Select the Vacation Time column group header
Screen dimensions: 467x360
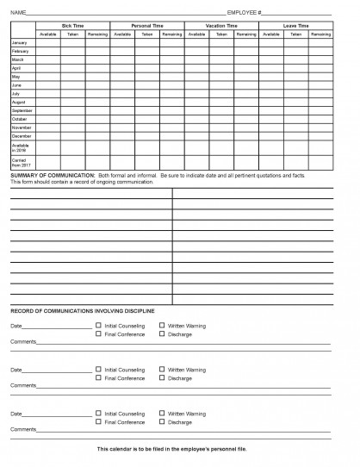(221, 27)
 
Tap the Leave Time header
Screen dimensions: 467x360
(296, 27)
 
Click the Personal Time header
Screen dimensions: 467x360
(147, 27)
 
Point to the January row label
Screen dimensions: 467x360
(18, 42)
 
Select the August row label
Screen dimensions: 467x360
(18, 103)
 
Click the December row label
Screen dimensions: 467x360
(21, 136)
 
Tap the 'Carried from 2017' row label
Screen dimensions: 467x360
(21, 161)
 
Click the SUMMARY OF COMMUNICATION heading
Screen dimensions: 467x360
(51, 175)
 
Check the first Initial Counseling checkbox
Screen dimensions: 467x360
(98, 326)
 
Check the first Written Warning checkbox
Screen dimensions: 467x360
(162, 326)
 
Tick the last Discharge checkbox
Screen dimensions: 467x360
(162, 421)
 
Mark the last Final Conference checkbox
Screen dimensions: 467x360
(98, 421)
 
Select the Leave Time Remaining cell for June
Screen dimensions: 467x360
(320, 85)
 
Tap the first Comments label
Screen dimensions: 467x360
(23, 342)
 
